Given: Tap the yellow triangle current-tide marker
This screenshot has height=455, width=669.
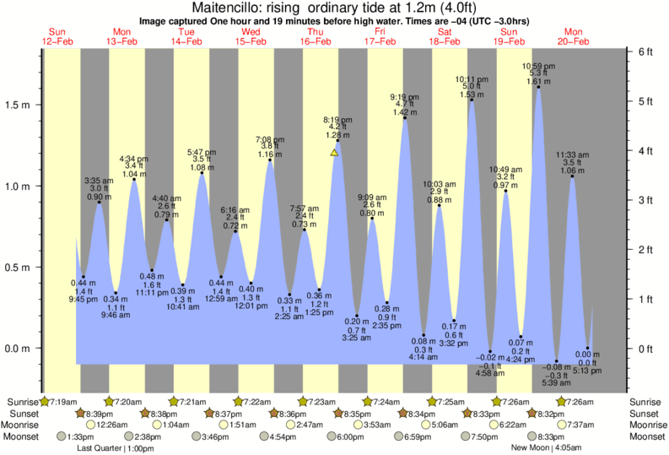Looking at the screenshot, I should point(335,153).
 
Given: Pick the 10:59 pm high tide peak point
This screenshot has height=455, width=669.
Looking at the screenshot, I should point(538,87).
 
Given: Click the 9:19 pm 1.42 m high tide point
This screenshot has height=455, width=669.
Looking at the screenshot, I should point(405,118).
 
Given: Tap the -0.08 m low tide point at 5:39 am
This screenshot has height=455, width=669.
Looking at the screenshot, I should point(556,361).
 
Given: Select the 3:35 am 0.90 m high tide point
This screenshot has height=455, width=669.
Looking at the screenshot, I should point(99,203).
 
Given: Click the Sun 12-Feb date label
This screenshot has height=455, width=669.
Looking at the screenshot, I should point(57,36).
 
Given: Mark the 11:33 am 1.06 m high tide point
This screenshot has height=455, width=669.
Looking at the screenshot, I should point(572,176).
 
